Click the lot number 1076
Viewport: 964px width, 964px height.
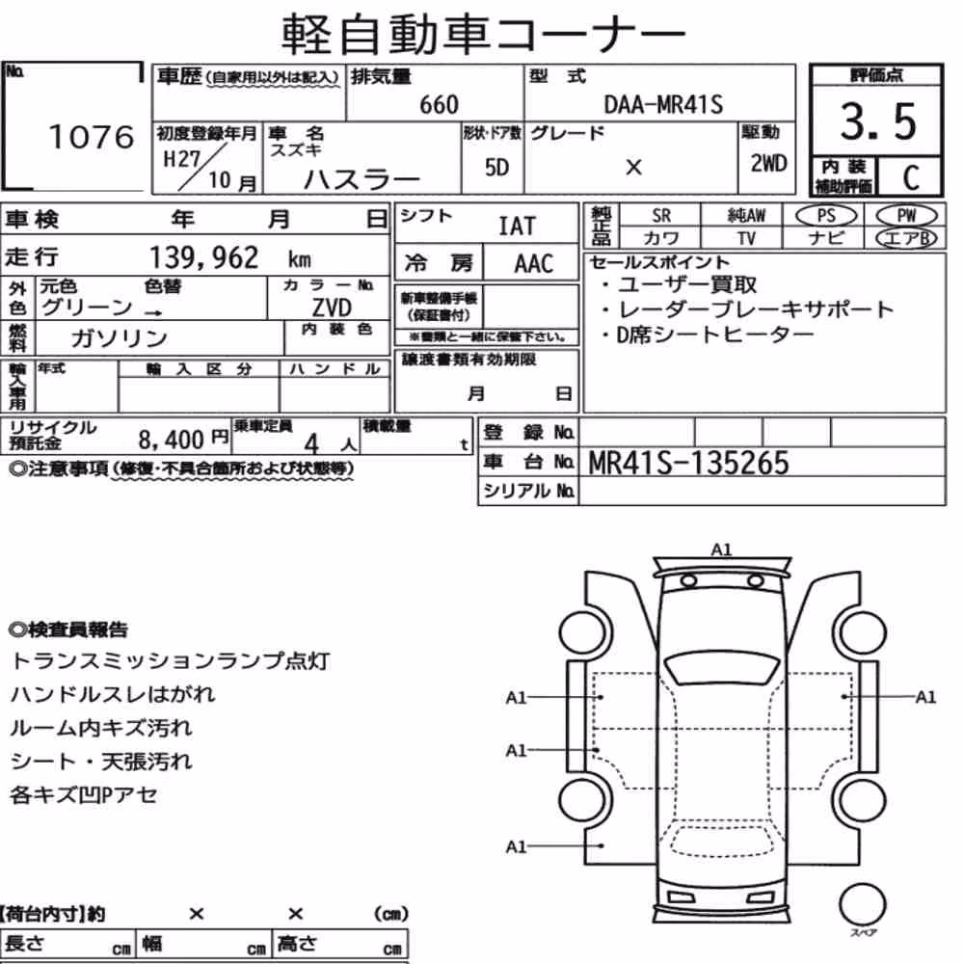tap(91, 137)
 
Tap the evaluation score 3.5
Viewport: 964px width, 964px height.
tap(878, 121)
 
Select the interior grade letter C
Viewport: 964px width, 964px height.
tap(911, 177)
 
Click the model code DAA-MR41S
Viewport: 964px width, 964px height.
tap(663, 104)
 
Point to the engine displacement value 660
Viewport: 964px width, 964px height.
tap(439, 104)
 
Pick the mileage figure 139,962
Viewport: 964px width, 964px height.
tap(204, 257)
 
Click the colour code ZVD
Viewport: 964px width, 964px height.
tap(332, 307)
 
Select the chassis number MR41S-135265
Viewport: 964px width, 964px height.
tap(688, 463)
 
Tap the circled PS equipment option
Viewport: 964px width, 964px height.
tap(826, 216)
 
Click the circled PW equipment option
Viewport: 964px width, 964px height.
tap(906, 216)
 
